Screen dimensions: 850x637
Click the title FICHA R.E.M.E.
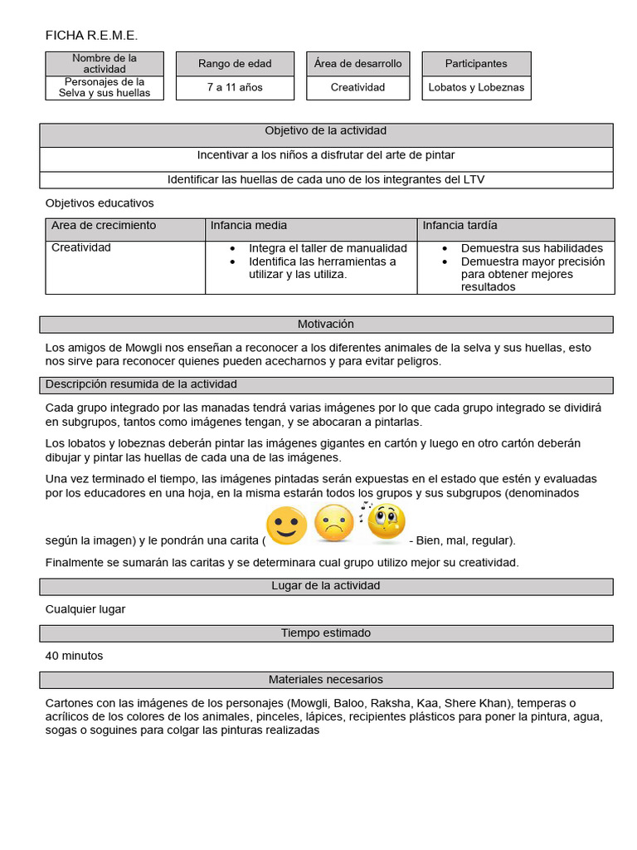(x=91, y=35)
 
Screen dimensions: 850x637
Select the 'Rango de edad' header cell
(x=235, y=64)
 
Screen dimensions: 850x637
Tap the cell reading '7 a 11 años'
(x=235, y=87)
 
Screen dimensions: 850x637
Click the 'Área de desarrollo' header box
(x=357, y=64)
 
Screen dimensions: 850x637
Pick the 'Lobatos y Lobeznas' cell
(x=476, y=87)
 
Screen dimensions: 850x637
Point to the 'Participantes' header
(x=476, y=64)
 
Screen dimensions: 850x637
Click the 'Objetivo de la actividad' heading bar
(x=326, y=131)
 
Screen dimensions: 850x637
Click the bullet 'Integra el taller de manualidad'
(x=328, y=248)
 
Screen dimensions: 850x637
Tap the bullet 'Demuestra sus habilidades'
(x=532, y=248)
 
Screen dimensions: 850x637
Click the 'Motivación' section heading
(x=326, y=325)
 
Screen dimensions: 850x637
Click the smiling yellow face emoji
(x=286, y=525)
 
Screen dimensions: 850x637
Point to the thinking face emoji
(x=386, y=521)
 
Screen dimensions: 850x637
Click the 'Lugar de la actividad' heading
(x=326, y=586)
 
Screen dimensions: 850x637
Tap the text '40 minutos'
(x=75, y=656)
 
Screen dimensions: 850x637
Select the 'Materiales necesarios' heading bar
(x=326, y=680)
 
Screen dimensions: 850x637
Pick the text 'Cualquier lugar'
(x=85, y=609)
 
